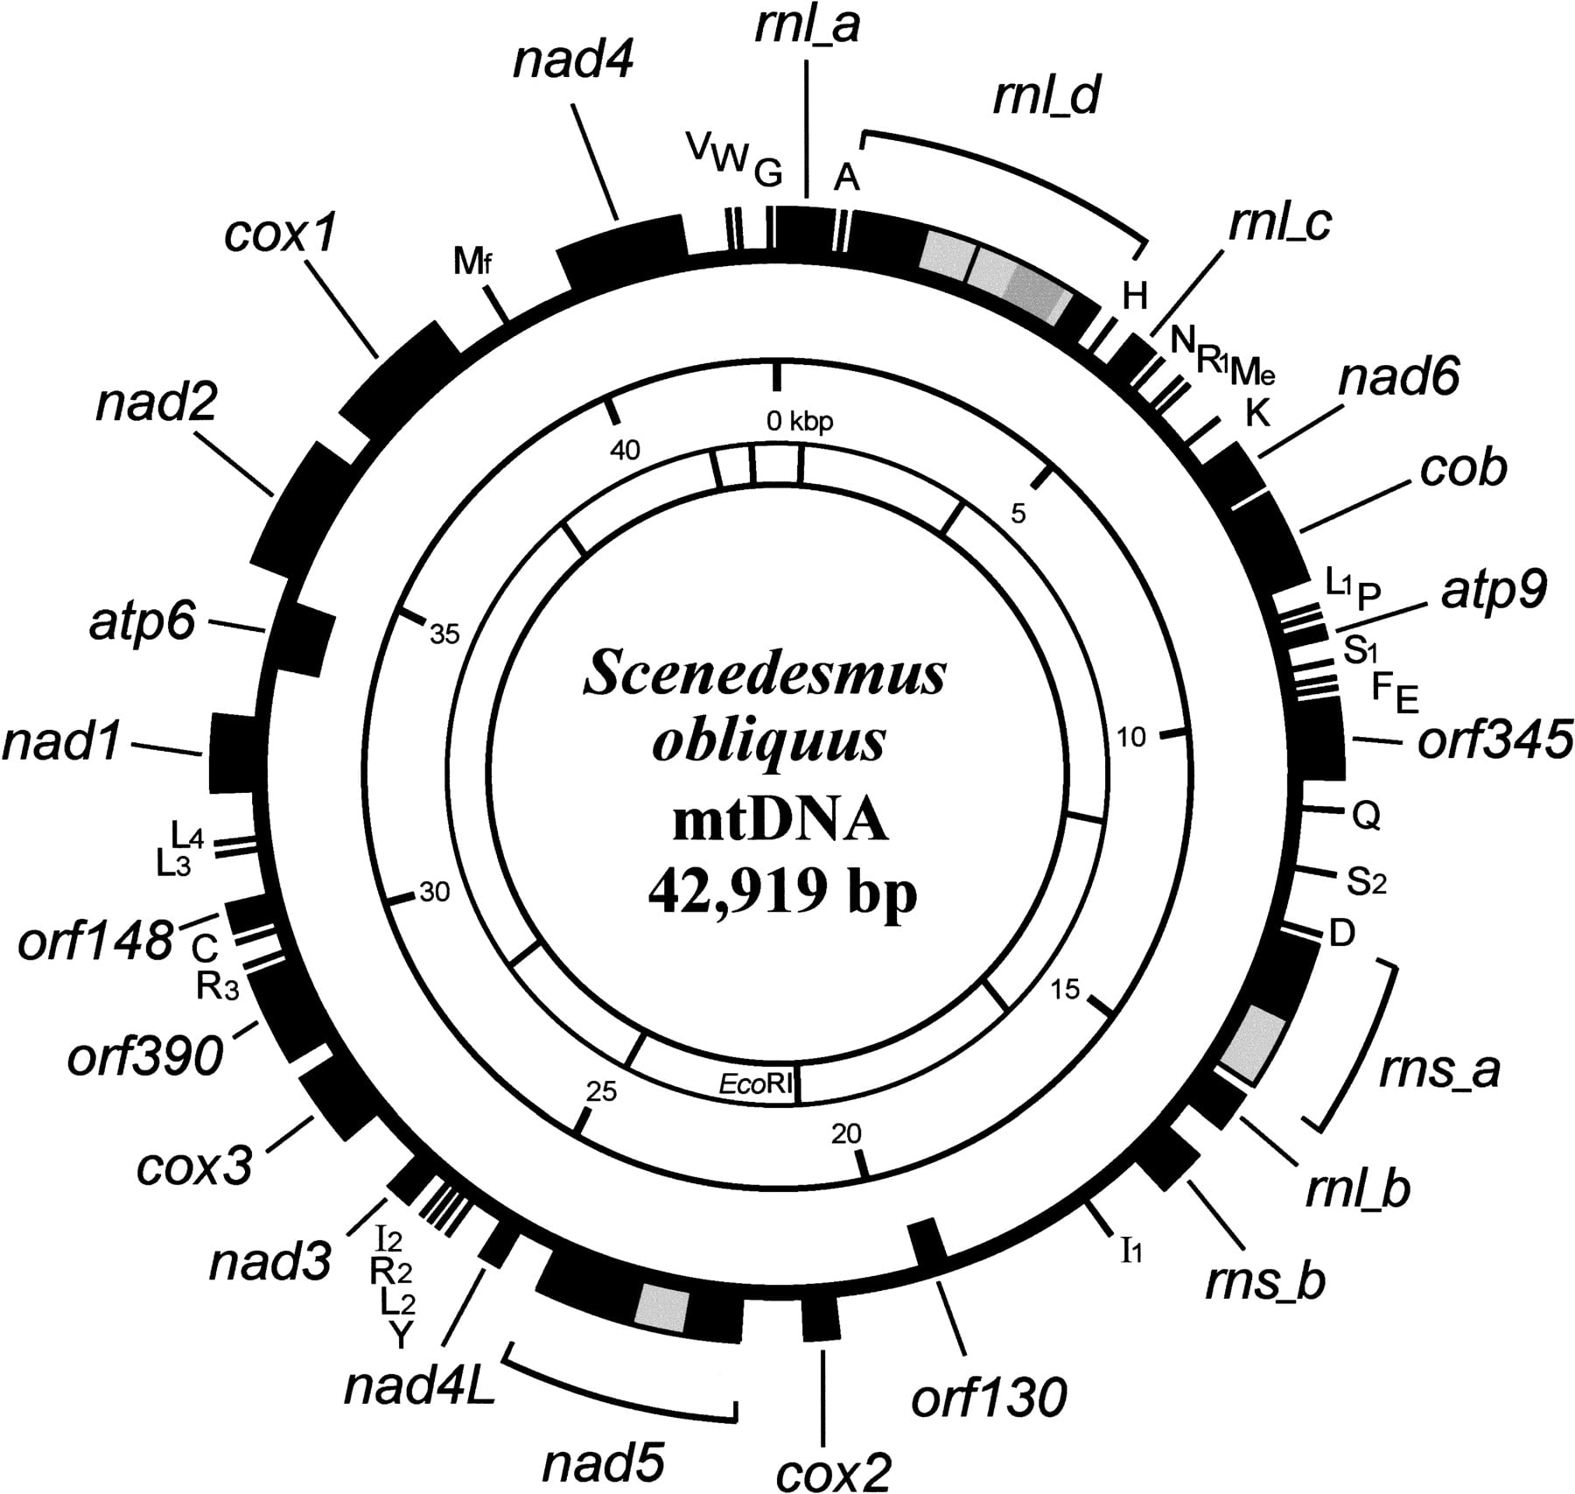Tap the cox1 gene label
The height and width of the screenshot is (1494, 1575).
tap(281, 235)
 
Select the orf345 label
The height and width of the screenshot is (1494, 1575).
tap(1494, 740)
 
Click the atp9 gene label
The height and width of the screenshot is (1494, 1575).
tap(1493, 593)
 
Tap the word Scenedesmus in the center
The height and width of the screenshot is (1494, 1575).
tap(765, 676)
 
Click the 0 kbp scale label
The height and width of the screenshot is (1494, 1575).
tap(800, 422)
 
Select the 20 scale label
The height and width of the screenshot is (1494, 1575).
tap(846, 1133)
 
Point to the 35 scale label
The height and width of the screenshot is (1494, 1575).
tap(444, 633)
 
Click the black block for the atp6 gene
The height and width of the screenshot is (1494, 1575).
tap(300, 636)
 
